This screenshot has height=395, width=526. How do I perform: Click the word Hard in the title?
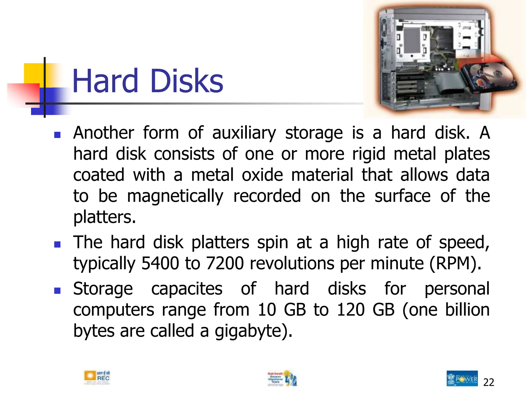point(105,81)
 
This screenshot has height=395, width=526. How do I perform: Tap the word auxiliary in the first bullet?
point(244,133)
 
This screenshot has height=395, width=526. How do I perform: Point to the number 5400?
point(160,264)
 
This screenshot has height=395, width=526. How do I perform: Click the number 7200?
point(225,264)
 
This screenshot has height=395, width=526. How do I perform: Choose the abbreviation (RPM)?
point(455,264)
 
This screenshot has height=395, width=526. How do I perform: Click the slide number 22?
point(489,382)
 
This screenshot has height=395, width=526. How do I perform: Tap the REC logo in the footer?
point(97,378)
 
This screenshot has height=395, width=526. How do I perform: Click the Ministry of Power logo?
point(462,378)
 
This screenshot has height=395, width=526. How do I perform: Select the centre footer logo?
point(282,378)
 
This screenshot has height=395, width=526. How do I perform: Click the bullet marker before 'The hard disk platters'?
point(57,244)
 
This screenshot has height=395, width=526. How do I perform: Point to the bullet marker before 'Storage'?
point(57,291)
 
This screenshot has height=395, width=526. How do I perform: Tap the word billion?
point(467,310)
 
